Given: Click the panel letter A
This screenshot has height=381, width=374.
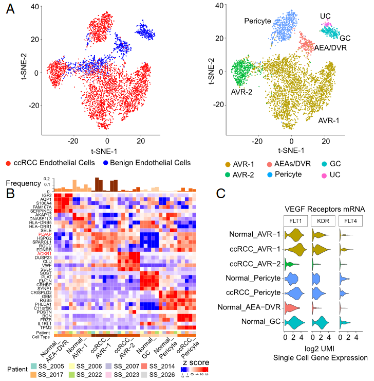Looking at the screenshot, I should click(9, 10).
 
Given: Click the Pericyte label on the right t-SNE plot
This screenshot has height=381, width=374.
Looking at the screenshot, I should click(258, 21).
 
